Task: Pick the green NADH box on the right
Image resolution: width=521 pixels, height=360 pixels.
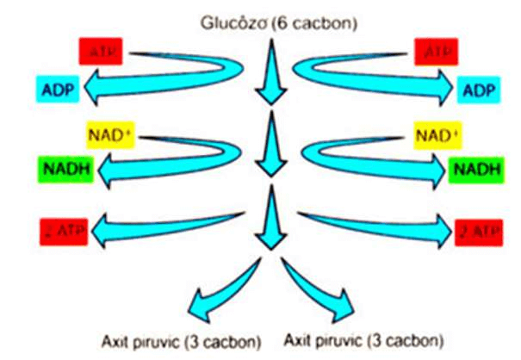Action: point(476,169)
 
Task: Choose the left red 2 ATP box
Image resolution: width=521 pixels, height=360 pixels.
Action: point(63,231)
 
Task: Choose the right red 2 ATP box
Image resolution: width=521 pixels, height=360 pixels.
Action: point(475,231)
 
